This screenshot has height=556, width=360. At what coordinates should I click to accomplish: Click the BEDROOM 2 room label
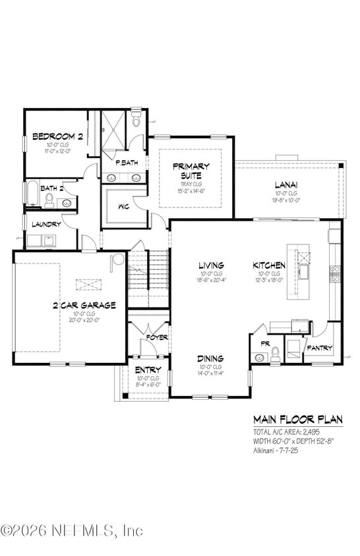click(58, 137)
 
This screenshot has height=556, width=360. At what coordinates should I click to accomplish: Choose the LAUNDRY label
click(46, 224)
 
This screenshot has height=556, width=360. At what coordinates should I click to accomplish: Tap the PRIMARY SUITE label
click(191, 171)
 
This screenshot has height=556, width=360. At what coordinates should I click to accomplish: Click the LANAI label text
click(285, 184)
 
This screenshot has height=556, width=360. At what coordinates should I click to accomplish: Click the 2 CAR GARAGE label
click(84, 305)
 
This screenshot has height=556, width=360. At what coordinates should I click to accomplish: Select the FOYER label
click(156, 337)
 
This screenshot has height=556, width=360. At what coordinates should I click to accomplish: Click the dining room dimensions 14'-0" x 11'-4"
click(210, 374)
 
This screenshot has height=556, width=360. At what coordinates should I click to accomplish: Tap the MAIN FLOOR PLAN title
click(298, 420)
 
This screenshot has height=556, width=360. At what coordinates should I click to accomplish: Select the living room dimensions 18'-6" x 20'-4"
click(211, 279)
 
